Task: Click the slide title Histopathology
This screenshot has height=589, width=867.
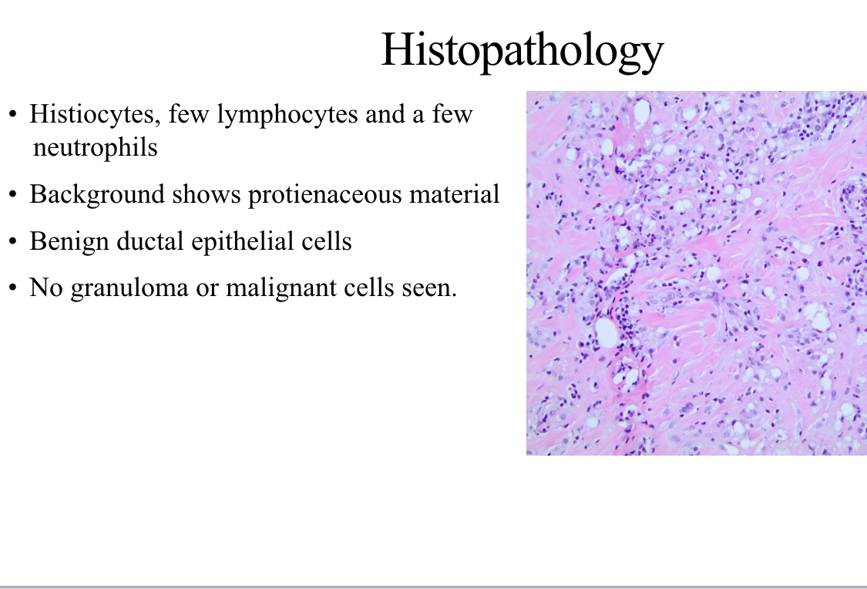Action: point(523,51)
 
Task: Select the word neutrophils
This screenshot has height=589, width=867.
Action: point(95,148)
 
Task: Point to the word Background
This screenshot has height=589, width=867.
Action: point(97,195)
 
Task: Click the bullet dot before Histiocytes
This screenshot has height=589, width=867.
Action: point(13,115)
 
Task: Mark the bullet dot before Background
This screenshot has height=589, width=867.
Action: point(13,195)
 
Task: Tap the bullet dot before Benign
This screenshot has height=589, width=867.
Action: point(13,241)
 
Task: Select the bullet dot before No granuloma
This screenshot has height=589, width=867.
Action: point(13,288)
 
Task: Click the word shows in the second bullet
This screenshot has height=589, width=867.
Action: point(207,195)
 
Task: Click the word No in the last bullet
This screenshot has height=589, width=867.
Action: point(46,288)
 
